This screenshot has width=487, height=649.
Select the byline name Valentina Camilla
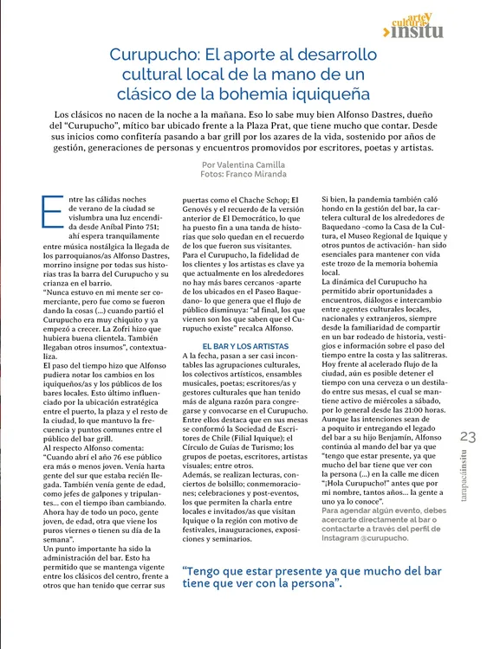250,164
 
